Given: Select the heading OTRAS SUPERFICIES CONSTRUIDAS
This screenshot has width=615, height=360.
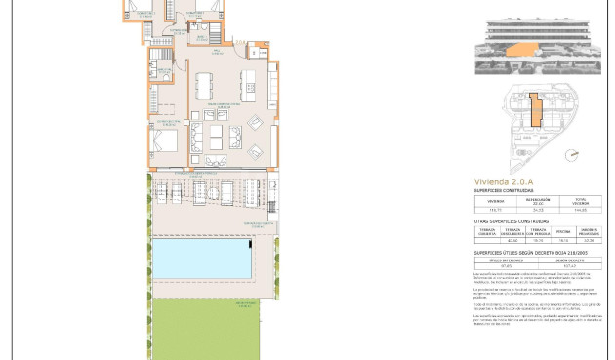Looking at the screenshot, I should tap(518, 221).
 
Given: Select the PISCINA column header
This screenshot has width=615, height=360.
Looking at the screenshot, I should tap(563, 232).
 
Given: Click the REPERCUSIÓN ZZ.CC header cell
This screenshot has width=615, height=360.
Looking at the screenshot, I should tap(538, 200).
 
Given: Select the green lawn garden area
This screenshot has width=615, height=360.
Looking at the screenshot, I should tap(205, 327).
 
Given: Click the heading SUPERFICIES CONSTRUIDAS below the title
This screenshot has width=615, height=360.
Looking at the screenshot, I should tap(511, 191).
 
